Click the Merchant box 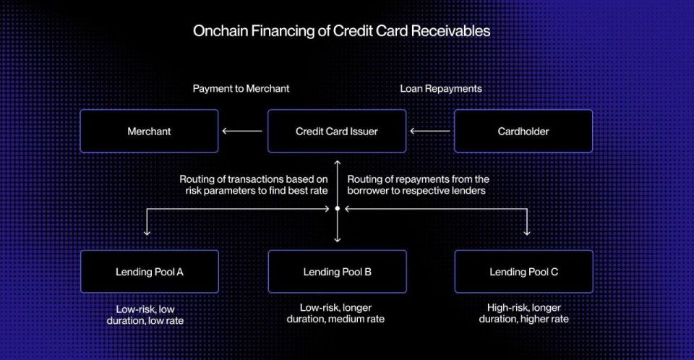[149, 131]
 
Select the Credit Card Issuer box [337, 131]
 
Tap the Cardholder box [523, 131]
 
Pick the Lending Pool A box [150, 271]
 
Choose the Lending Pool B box [338, 271]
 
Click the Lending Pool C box [523, 271]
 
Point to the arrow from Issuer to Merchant [242, 131]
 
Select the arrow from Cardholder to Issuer [429, 131]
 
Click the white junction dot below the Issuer [338, 209]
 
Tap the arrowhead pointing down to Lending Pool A [147, 232]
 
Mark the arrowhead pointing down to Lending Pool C [527, 232]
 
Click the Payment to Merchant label [241, 89]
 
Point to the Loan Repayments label [441, 89]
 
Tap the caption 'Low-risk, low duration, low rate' [145, 315]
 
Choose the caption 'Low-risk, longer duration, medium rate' [335, 313]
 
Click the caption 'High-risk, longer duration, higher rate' [523, 313]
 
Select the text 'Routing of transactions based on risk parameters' [254, 184]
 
